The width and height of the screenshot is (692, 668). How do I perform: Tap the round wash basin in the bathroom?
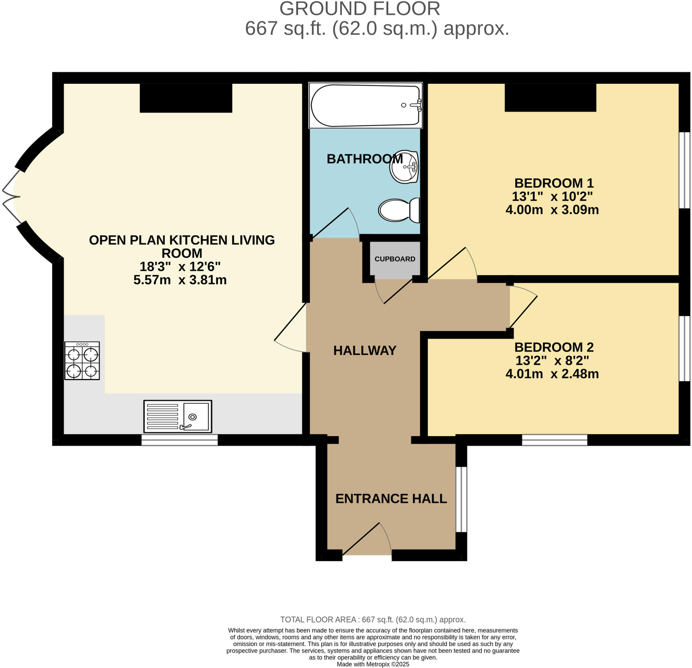pyautogui.click(x=404, y=167)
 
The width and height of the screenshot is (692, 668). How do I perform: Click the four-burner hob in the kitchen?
pyautogui.click(x=82, y=361)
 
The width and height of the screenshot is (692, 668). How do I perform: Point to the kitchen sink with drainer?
pyautogui.click(x=178, y=416)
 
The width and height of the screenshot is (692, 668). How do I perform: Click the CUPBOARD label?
pyautogui.click(x=395, y=259)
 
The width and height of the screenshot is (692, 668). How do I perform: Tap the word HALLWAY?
pyautogui.click(x=365, y=351)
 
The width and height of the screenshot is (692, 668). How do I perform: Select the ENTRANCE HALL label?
pyautogui.click(x=391, y=498)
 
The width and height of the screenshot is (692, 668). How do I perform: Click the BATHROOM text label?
pyautogui.click(x=364, y=159)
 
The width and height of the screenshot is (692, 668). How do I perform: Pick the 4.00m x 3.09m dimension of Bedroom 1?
pyautogui.click(x=552, y=210)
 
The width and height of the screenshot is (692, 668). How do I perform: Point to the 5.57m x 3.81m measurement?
pyautogui.click(x=180, y=280)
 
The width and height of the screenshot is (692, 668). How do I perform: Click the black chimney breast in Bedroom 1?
pyautogui.click(x=550, y=97)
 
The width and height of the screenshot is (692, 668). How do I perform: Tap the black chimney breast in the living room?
pyautogui.click(x=186, y=98)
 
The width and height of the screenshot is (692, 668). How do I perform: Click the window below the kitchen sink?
pyautogui.click(x=179, y=440)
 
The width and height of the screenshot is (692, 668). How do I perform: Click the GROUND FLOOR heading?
pyautogui.click(x=360, y=9)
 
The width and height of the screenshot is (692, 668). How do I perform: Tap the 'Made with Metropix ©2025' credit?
pyautogui.click(x=373, y=664)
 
